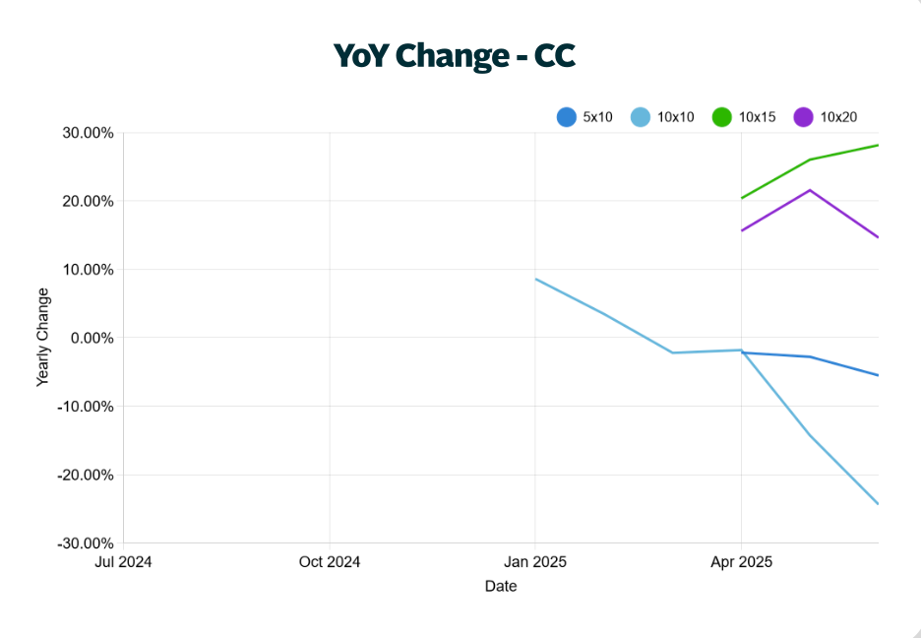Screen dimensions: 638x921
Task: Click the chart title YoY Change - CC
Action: pos(454,56)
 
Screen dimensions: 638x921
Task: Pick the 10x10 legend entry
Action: pos(661,117)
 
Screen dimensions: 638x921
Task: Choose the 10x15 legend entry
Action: pos(744,117)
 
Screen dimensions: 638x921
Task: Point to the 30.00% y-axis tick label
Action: pos(88,133)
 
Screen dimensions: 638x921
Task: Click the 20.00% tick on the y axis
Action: pos(88,202)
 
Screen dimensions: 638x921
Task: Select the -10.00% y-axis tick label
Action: pos(86,407)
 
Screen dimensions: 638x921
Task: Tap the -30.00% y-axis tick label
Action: pos(86,543)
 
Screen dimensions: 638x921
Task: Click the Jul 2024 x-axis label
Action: pos(123,562)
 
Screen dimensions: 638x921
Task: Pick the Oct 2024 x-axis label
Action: pos(330,562)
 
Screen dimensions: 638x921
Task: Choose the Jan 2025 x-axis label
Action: pos(535,562)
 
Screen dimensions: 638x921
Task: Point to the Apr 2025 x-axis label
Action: pos(741,562)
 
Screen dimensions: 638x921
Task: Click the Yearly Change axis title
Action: pos(42,337)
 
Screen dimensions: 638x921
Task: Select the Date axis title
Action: pos(501,587)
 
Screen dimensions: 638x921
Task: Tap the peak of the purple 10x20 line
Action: pos(810,190)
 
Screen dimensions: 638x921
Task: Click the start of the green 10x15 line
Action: pos(742,198)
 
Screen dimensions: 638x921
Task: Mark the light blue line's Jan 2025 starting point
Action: pos(536,280)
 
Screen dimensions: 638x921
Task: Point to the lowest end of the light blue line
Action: pos(878,504)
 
